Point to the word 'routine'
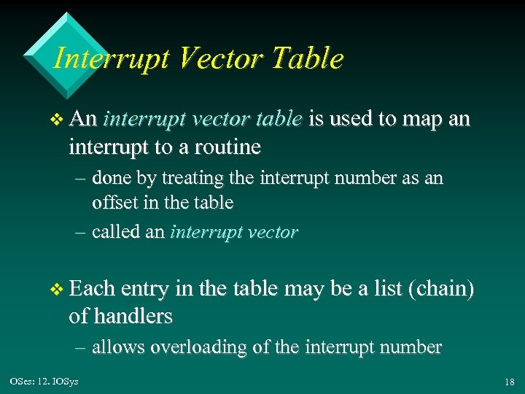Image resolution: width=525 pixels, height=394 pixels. pos(223,147)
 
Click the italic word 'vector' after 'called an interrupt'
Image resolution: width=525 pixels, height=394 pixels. pos(273,232)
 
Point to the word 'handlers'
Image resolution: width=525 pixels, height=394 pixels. pos(130,316)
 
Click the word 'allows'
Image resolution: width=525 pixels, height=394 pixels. pos(118,347)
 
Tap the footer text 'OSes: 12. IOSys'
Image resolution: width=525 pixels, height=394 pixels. pos(44,382)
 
